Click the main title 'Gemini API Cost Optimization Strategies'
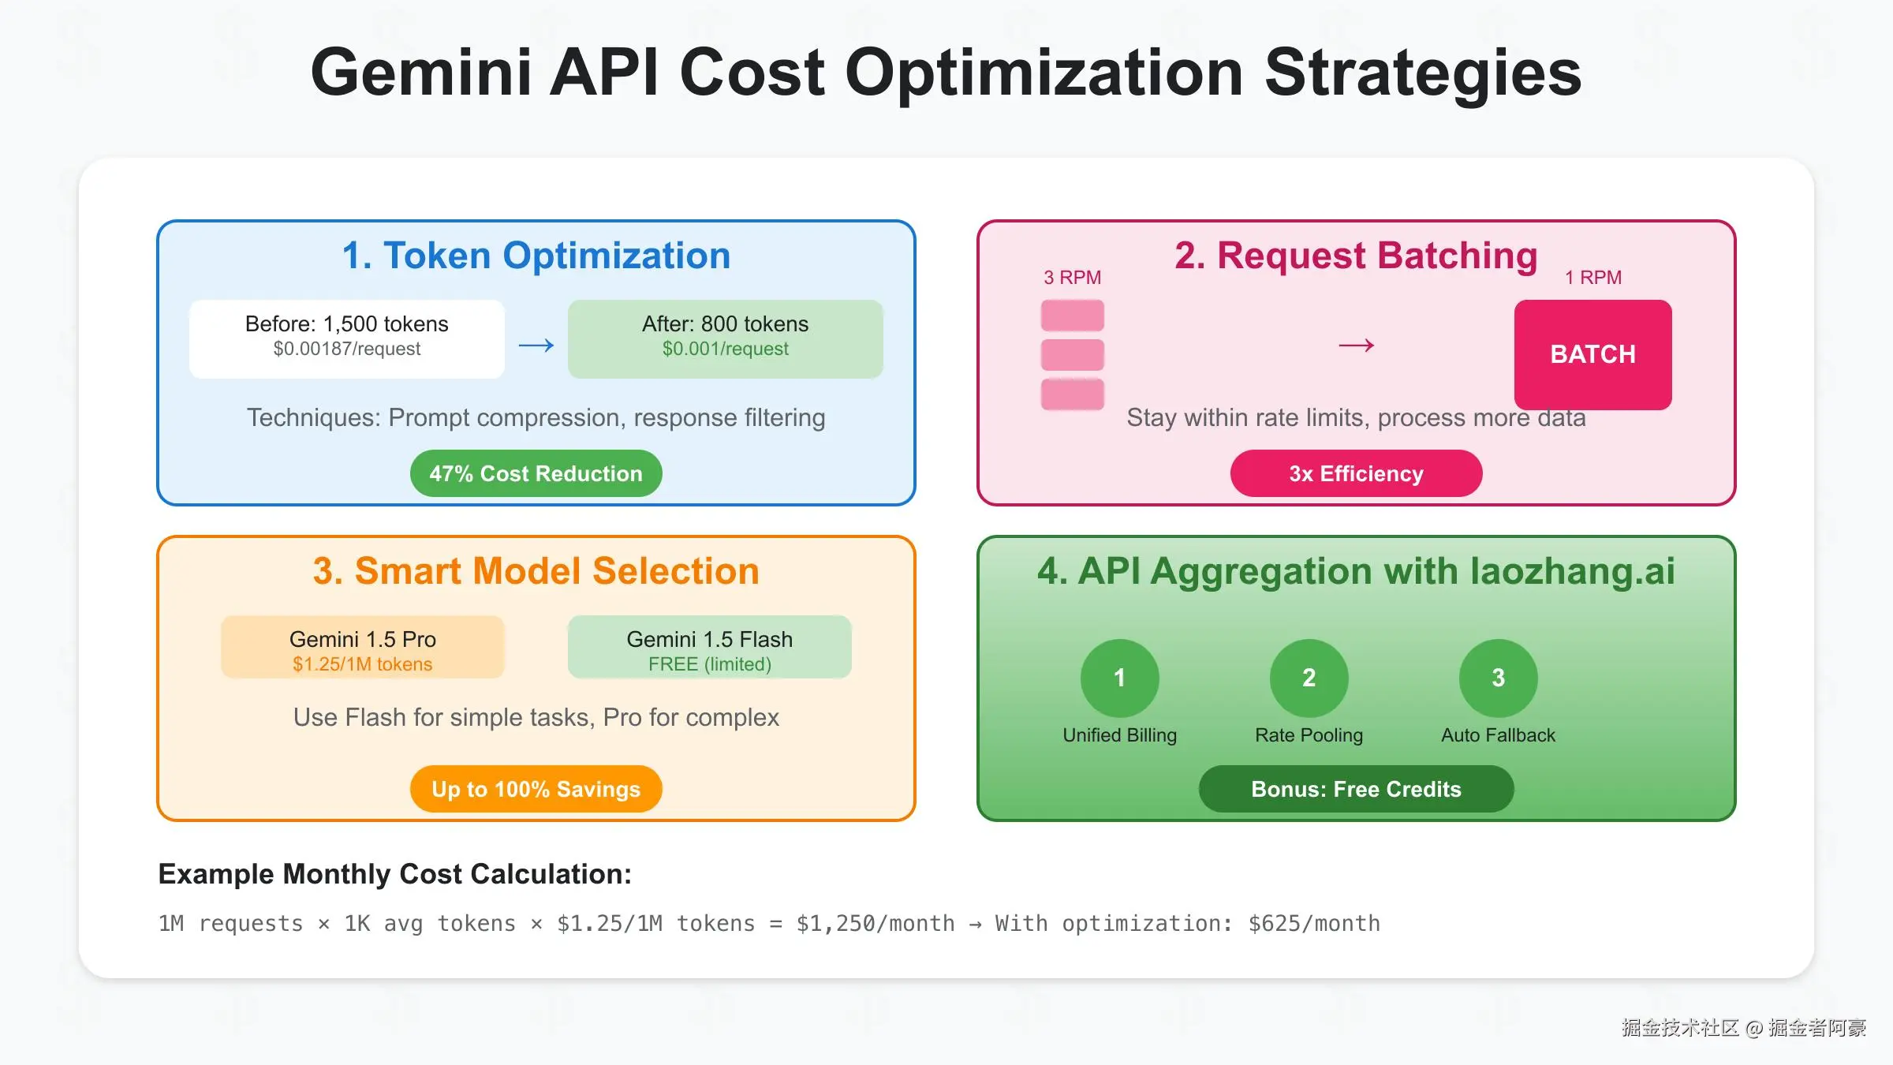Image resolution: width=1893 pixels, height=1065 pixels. coord(946,73)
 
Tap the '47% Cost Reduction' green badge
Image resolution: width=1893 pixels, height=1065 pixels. coord(536,473)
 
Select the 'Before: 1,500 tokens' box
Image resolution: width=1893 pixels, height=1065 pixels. coord(346,338)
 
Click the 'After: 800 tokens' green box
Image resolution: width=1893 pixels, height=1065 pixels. coord(725,338)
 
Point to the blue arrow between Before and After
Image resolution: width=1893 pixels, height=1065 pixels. coord(536,345)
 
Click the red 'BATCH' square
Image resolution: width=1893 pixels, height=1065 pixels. coord(1592,354)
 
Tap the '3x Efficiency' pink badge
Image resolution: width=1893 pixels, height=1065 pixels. coord(1356,473)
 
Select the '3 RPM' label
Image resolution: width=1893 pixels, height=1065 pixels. coord(1072,278)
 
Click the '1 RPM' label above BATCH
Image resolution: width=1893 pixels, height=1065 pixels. coord(1592,278)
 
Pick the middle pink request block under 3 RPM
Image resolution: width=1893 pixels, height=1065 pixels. coord(1072,354)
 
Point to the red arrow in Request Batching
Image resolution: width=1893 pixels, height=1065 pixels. coord(1357,345)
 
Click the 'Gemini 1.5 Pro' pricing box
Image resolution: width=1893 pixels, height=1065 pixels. coord(362,647)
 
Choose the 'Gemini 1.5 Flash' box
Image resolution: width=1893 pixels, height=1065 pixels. coord(709,647)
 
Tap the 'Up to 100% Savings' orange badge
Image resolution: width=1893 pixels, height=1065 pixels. coord(536,789)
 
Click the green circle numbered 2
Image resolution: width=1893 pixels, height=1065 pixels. coord(1309,678)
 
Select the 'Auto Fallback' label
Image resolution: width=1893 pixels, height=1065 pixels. coord(1498,735)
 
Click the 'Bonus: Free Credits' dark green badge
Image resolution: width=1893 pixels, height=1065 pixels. coord(1356,789)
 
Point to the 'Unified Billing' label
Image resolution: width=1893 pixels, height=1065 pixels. coord(1119,735)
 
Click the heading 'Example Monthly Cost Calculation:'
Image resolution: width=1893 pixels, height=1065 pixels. coord(394,874)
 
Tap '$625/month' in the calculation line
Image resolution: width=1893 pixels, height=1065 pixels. coord(1314,923)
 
